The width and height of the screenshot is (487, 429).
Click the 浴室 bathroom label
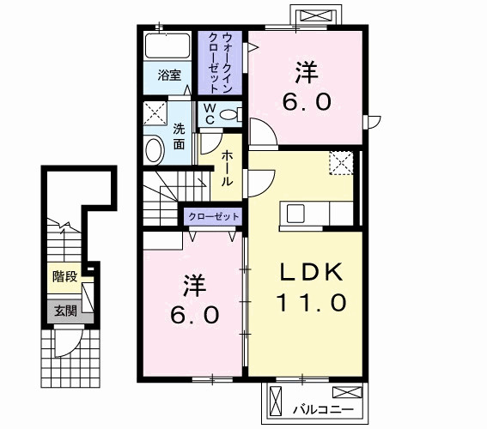(x=169, y=76)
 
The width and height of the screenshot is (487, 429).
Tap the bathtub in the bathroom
(x=167, y=45)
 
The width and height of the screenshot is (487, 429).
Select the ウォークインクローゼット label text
(x=220, y=63)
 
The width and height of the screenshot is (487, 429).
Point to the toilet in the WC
(x=231, y=114)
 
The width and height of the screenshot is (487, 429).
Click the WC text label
(x=210, y=114)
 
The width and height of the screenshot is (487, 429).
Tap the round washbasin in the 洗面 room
(x=155, y=151)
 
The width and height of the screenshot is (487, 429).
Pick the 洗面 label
(x=179, y=136)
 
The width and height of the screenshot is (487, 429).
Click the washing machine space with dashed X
(x=155, y=113)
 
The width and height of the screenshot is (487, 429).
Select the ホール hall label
(x=227, y=168)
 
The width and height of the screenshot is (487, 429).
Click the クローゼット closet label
(x=213, y=216)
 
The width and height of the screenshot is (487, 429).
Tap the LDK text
(x=312, y=272)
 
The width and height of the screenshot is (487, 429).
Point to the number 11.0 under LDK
(x=311, y=302)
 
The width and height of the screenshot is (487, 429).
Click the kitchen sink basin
(x=295, y=214)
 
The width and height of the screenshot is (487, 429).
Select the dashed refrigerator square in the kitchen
(x=341, y=163)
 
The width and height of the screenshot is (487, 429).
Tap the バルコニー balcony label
(x=323, y=410)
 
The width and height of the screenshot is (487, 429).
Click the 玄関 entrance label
(x=65, y=311)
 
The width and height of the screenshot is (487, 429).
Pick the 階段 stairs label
(x=64, y=276)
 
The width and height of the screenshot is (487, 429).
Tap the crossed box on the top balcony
(x=315, y=15)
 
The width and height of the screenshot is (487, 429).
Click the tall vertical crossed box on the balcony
(x=276, y=401)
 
